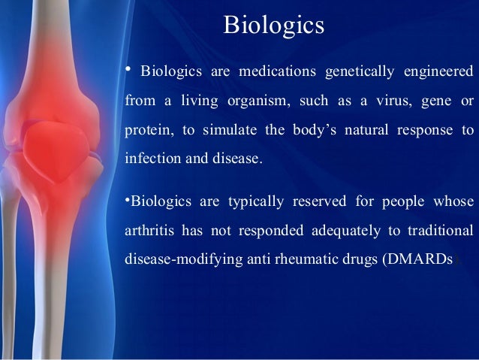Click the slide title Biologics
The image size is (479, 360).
pos(273,26)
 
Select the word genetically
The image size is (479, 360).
pos(360,72)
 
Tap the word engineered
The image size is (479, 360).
pos(439,72)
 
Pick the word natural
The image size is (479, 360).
pos(367,129)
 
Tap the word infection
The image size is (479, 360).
pos(149,158)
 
